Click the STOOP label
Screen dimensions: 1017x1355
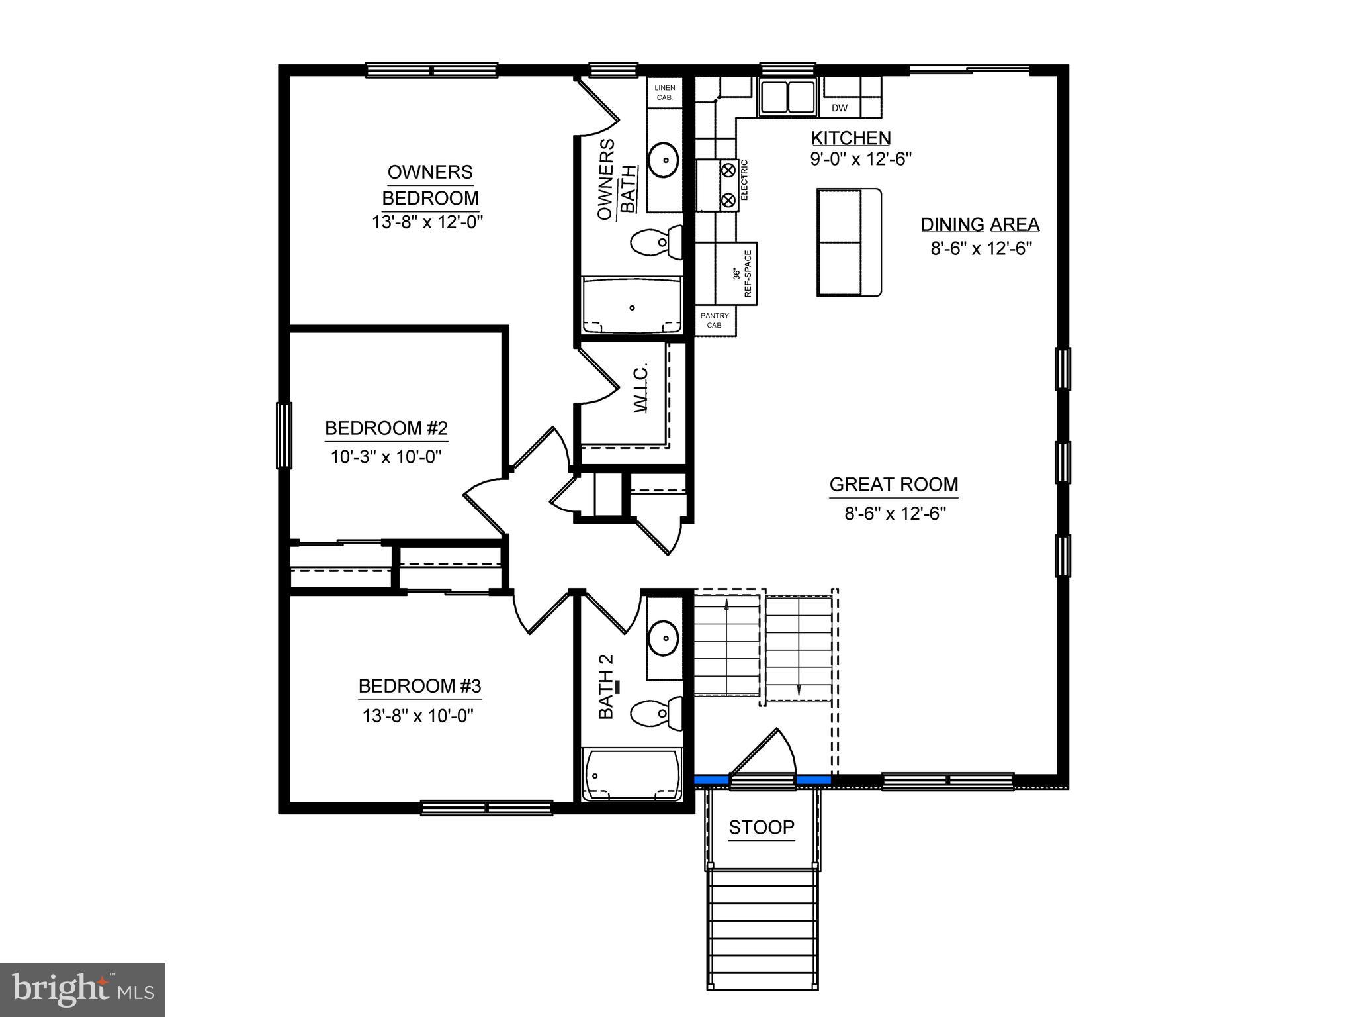coord(761,827)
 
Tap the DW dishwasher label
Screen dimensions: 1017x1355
coord(839,108)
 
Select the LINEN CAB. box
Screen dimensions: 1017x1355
coord(664,93)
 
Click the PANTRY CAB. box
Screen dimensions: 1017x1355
coord(715,320)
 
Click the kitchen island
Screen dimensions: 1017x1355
coord(849,242)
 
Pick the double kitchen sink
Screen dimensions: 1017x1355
coord(787,97)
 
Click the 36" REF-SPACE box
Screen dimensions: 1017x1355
coord(744,273)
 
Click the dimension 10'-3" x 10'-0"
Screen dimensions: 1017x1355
coord(386,457)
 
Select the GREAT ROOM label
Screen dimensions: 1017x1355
coord(893,485)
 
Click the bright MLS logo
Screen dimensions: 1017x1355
coord(82,989)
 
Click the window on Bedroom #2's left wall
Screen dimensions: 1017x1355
coord(284,435)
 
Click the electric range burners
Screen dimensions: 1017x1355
coord(727,185)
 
